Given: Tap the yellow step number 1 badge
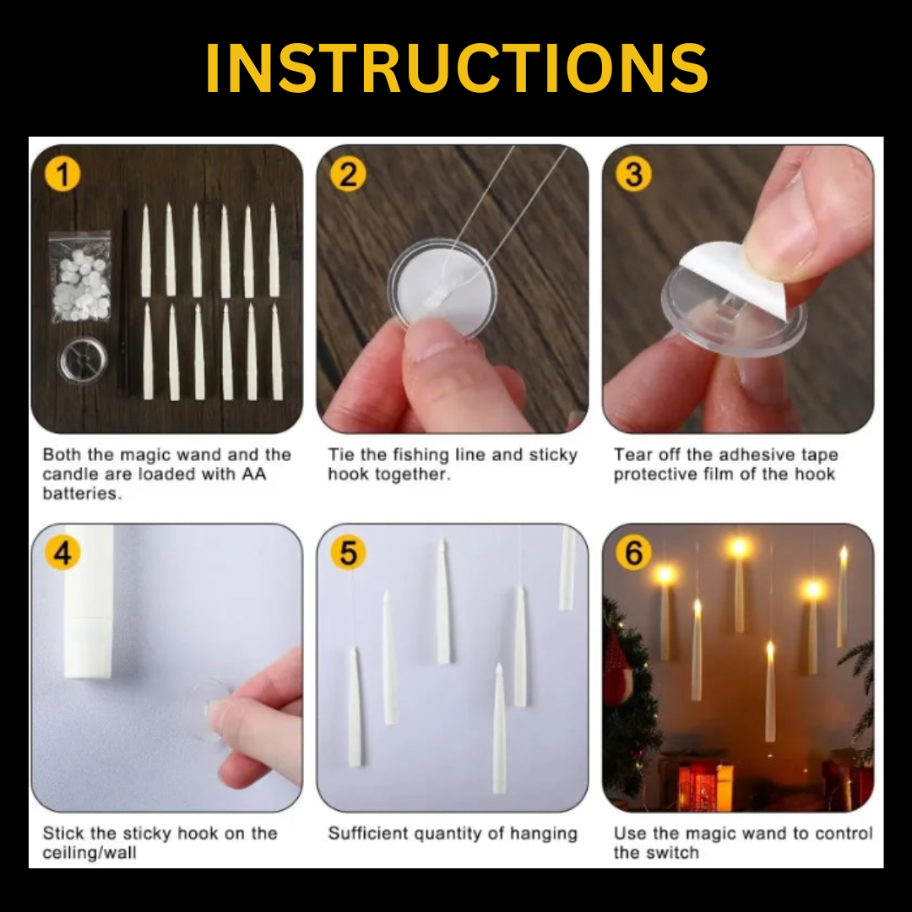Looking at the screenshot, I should pyautogui.click(x=62, y=175).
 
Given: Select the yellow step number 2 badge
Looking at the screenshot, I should pyautogui.click(x=347, y=175).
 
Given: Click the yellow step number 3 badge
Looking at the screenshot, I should pyautogui.click(x=633, y=175).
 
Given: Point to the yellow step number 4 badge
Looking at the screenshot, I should pyautogui.click(x=62, y=553).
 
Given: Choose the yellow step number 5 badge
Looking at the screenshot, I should pyautogui.click(x=347, y=553).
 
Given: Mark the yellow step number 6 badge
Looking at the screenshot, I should pyautogui.click(x=633, y=553).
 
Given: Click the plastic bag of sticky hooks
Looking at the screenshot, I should pyautogui.click(x=80, y=276).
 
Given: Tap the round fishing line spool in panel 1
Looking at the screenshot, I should pyautogui.click(x=83, y=361).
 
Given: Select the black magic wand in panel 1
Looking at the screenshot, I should pyautogui.click(x=124, y=304).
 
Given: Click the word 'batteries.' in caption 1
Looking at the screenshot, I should pyautogui.click(x=82, y=494).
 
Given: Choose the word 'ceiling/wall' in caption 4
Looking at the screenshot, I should pyautogui.click(x=90, y=852).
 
